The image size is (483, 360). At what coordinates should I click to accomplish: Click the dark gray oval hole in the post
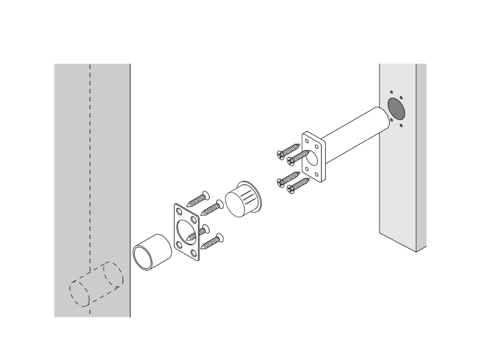(x=395, y=107)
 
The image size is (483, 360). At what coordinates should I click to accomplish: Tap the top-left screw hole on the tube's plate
(x=307, y=139)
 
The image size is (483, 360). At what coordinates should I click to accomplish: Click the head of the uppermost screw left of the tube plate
(x=280, y=154)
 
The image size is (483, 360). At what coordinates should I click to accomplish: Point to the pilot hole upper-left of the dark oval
(x=392, y=92)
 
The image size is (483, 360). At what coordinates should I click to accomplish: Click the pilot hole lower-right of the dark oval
(x=401, y=126)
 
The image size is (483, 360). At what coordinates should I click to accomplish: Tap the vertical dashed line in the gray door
(x=90, y=171)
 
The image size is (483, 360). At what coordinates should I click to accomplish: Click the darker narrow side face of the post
(x=421, y=159)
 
